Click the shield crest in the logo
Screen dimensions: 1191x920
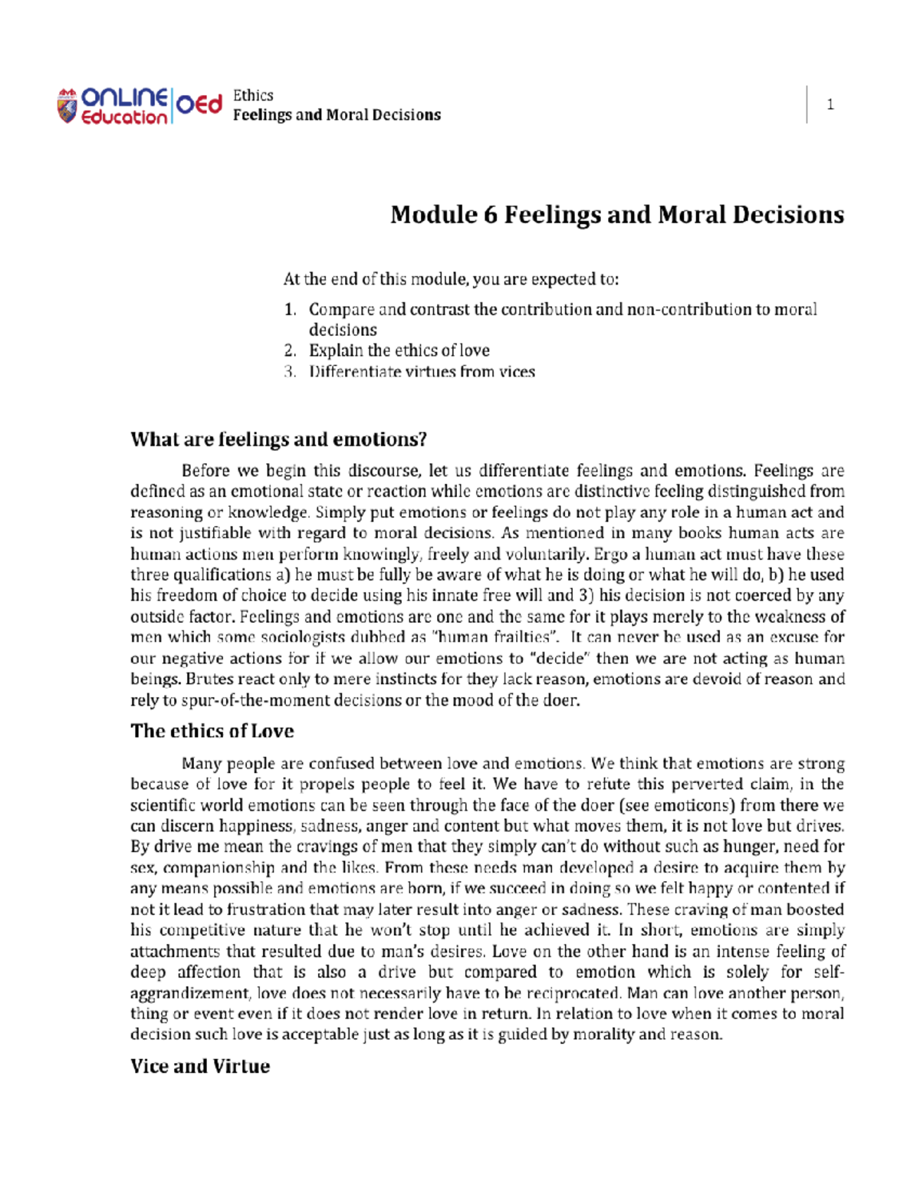click(67, 106)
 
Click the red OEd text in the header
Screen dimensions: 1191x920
click(199, 104)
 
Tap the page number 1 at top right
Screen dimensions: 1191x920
click(830, 105)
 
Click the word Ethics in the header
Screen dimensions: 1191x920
click(253, 95)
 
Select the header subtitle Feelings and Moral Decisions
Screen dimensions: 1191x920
click(337, 115)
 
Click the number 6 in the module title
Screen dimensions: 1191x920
click(490, 214)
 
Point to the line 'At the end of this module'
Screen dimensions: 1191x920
click(451, 279)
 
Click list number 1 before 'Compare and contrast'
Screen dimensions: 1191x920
click(290, 310)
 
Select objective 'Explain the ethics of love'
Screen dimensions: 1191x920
click(399, 350)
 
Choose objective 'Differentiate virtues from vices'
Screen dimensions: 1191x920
click(422, 372)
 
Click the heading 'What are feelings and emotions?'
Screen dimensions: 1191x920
click(278, 439)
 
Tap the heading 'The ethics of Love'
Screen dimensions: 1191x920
click(212, 731)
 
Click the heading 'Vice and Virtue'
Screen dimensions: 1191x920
click(200, 1066)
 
